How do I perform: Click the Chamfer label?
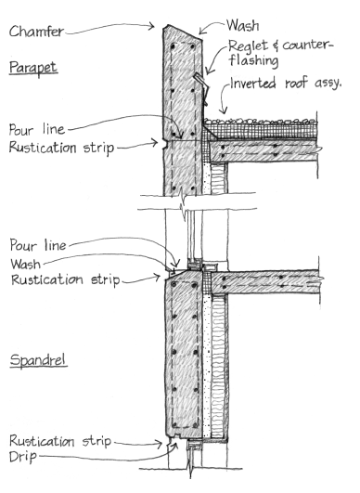click(x=36, y=32)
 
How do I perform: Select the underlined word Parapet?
click(x=33, y=68)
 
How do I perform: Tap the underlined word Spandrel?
click(x=38, y=360)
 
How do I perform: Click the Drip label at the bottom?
click(x=23, y=457)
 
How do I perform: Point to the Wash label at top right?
click(x=243, y=25)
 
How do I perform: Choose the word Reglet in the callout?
click(x=248, y=45)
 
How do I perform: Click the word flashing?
click(x=253, y=60)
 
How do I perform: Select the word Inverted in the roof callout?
click(x=253, y=84)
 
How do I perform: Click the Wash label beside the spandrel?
click(x=25, y=264)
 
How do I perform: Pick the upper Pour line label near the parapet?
click(x=37, y=129)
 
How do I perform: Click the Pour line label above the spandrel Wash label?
click(x=38, y=245)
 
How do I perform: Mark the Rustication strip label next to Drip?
click(x=60, y=441)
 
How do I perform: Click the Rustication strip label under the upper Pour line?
click(x=61, y=148)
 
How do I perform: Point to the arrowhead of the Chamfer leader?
click(x=152, y=26)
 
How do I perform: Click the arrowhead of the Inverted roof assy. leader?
click(x=224, y=110)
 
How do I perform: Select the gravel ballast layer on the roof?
click(x=260, y=121)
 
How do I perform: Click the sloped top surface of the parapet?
click(x=182, y=32)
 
